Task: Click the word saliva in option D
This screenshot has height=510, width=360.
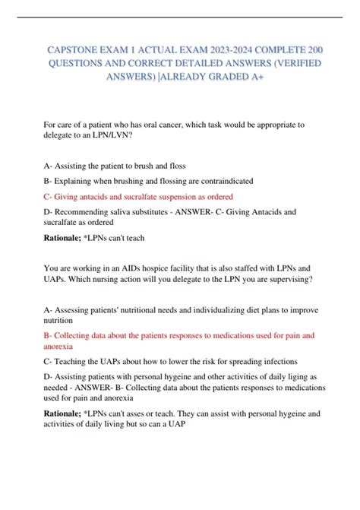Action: (x=130, y=211)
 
